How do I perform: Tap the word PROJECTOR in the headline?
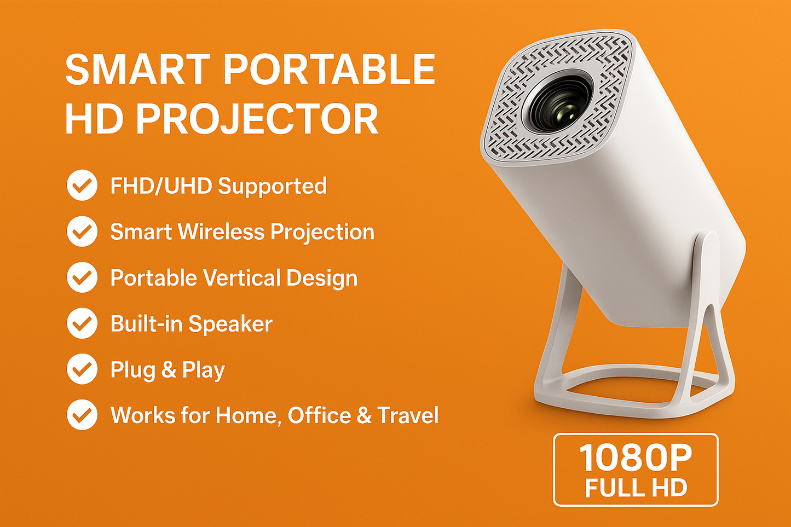257,119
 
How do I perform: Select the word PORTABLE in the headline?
328,70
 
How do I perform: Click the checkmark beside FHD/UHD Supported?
82,186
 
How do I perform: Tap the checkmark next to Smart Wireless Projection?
82,231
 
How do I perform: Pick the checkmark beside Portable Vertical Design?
82,277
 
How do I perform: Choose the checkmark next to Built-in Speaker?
82,323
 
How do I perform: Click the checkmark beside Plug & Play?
82,369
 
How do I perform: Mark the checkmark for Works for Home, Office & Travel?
82,415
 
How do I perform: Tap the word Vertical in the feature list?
241,277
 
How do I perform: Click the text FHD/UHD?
161,186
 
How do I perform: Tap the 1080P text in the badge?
636,457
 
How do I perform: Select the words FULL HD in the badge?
636,488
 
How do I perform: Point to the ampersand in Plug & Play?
169,370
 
